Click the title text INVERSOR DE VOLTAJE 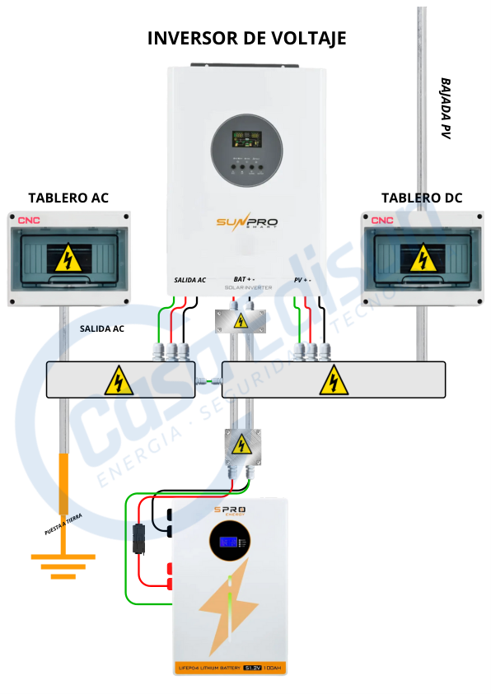(x=246, y=38)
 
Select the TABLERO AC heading (x=68, y=198)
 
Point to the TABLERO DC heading (x=422, y=198)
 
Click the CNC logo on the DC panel (x=381, y=221)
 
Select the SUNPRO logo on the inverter (x=247, y=222)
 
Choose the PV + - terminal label (x=302, y=280)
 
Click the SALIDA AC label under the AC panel (x=102, y=328)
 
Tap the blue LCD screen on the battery (x=231, y=543)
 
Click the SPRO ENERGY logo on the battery (x=230, y=513)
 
